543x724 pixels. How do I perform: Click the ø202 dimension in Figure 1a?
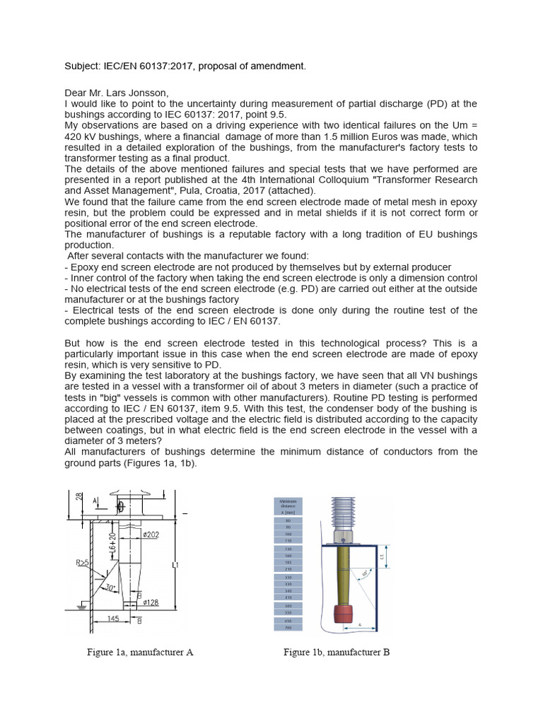(158, 535)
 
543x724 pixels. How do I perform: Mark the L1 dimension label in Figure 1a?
(177, 566)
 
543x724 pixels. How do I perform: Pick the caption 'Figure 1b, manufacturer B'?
(337, 653)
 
